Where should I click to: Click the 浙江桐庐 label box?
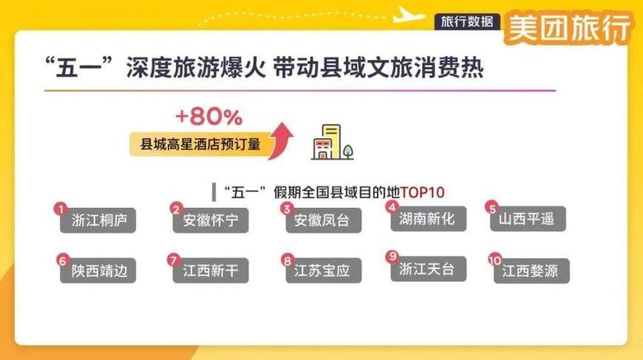tap(99, 220)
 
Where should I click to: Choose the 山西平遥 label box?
tap(531, 219)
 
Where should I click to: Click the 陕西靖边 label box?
tap(99, 271)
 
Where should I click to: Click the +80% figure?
tap(208, 117)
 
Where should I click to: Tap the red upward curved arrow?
tap(282, 140)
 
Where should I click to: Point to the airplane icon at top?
tap(409, 13)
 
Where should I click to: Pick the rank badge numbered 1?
tap(62, 209)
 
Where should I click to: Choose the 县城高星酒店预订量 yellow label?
tap(196, 143)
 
